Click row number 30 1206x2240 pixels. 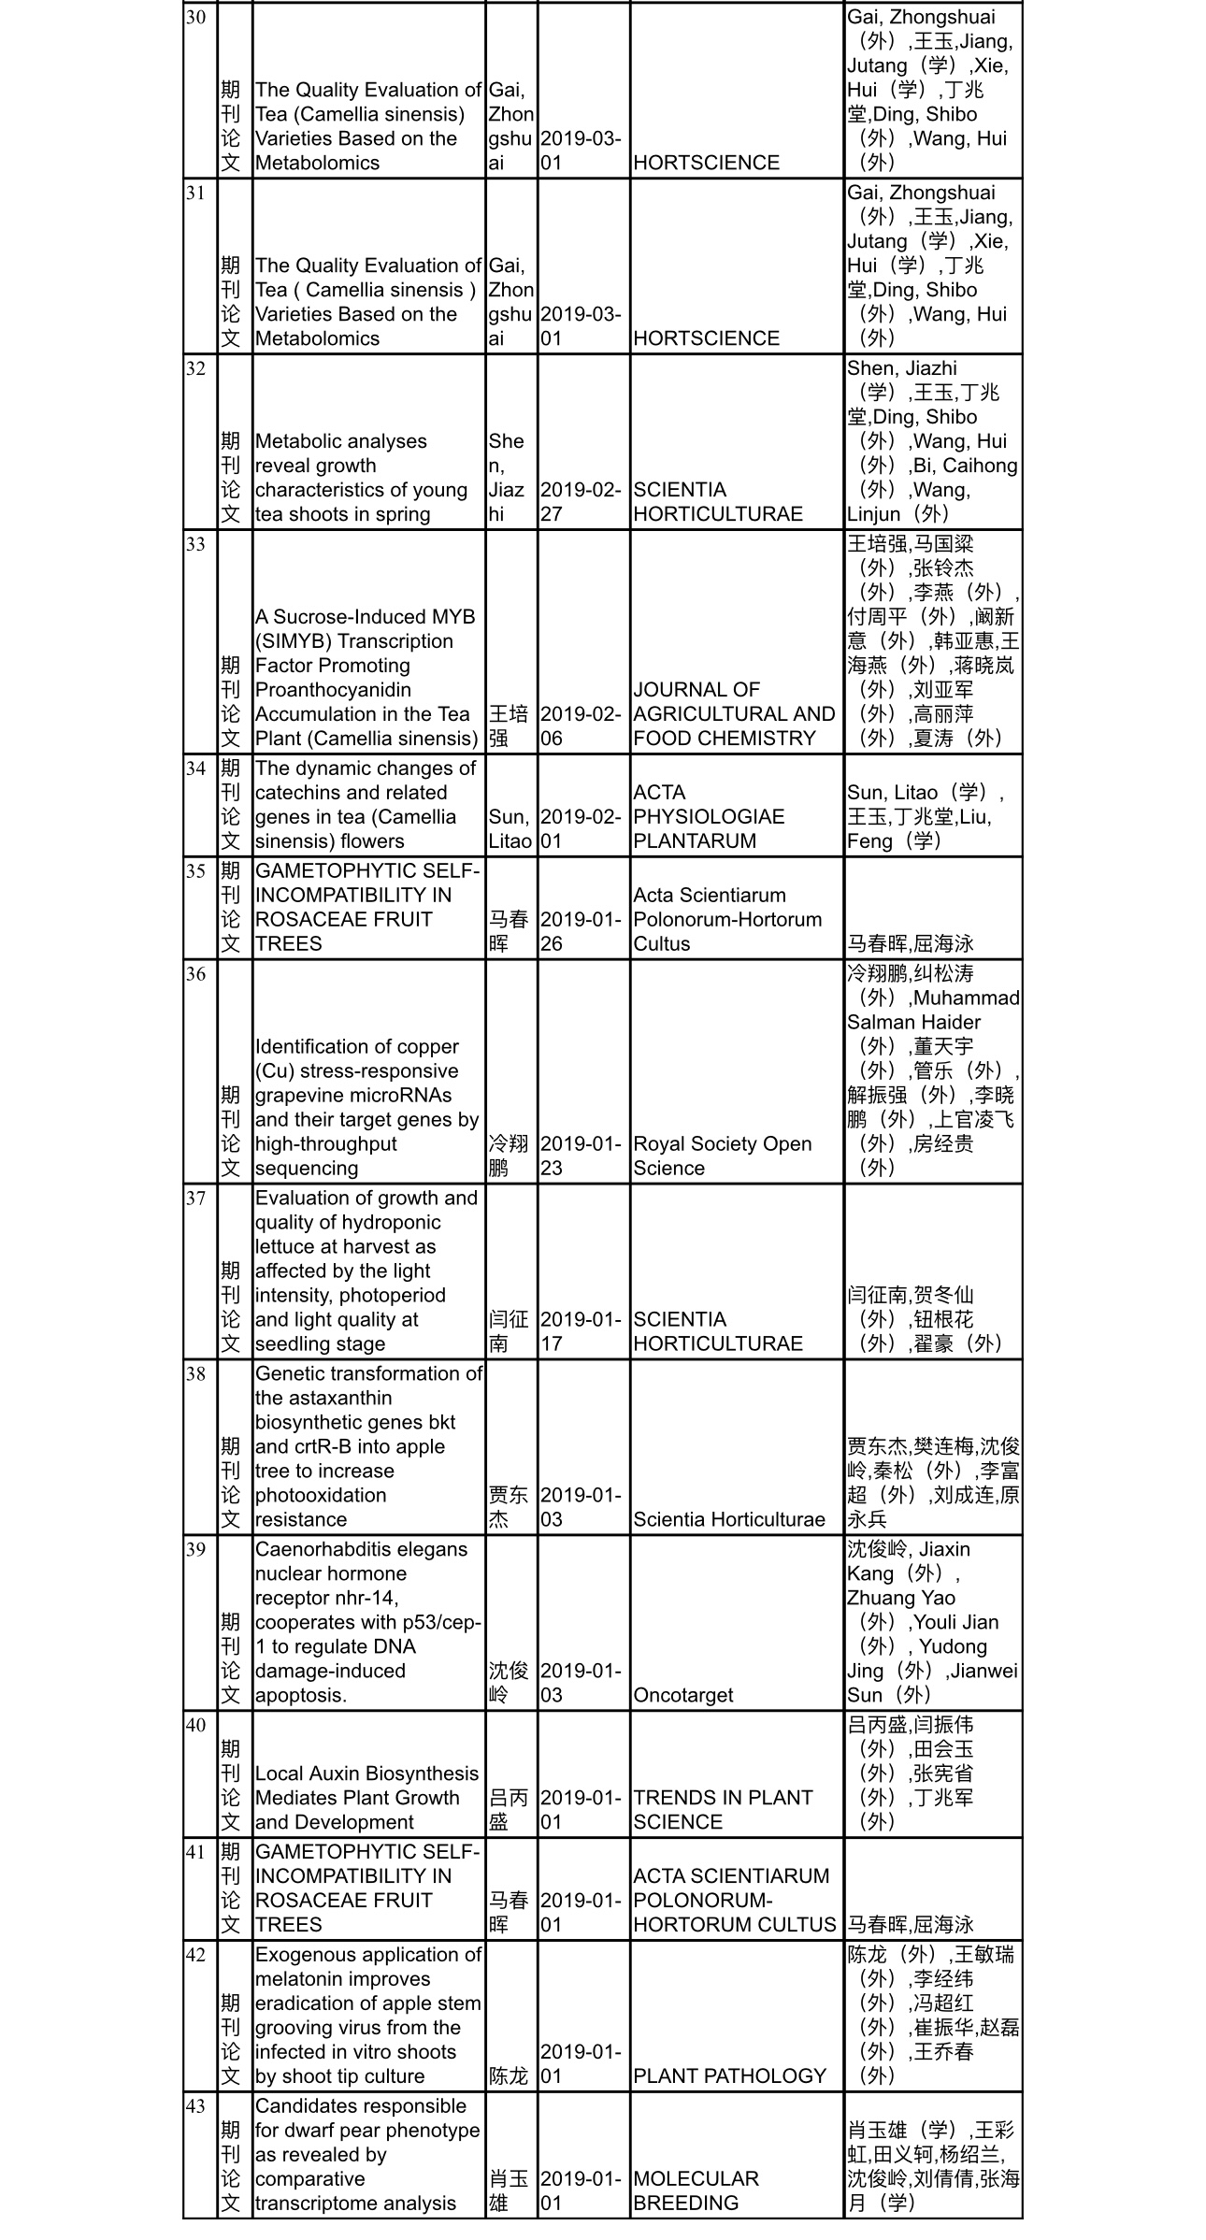(195, 18)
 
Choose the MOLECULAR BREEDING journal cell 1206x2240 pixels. (696, 2190)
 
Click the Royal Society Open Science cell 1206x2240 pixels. (722, 1156)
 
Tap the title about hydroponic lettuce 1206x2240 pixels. (366, 1271)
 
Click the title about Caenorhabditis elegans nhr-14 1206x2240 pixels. (366, 1622)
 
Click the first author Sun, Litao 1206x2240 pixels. (510, 828)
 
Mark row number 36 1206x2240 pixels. (195, 973)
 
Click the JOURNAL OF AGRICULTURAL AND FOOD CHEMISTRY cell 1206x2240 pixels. (734, 713)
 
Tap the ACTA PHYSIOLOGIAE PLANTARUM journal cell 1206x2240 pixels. (708, 816)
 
